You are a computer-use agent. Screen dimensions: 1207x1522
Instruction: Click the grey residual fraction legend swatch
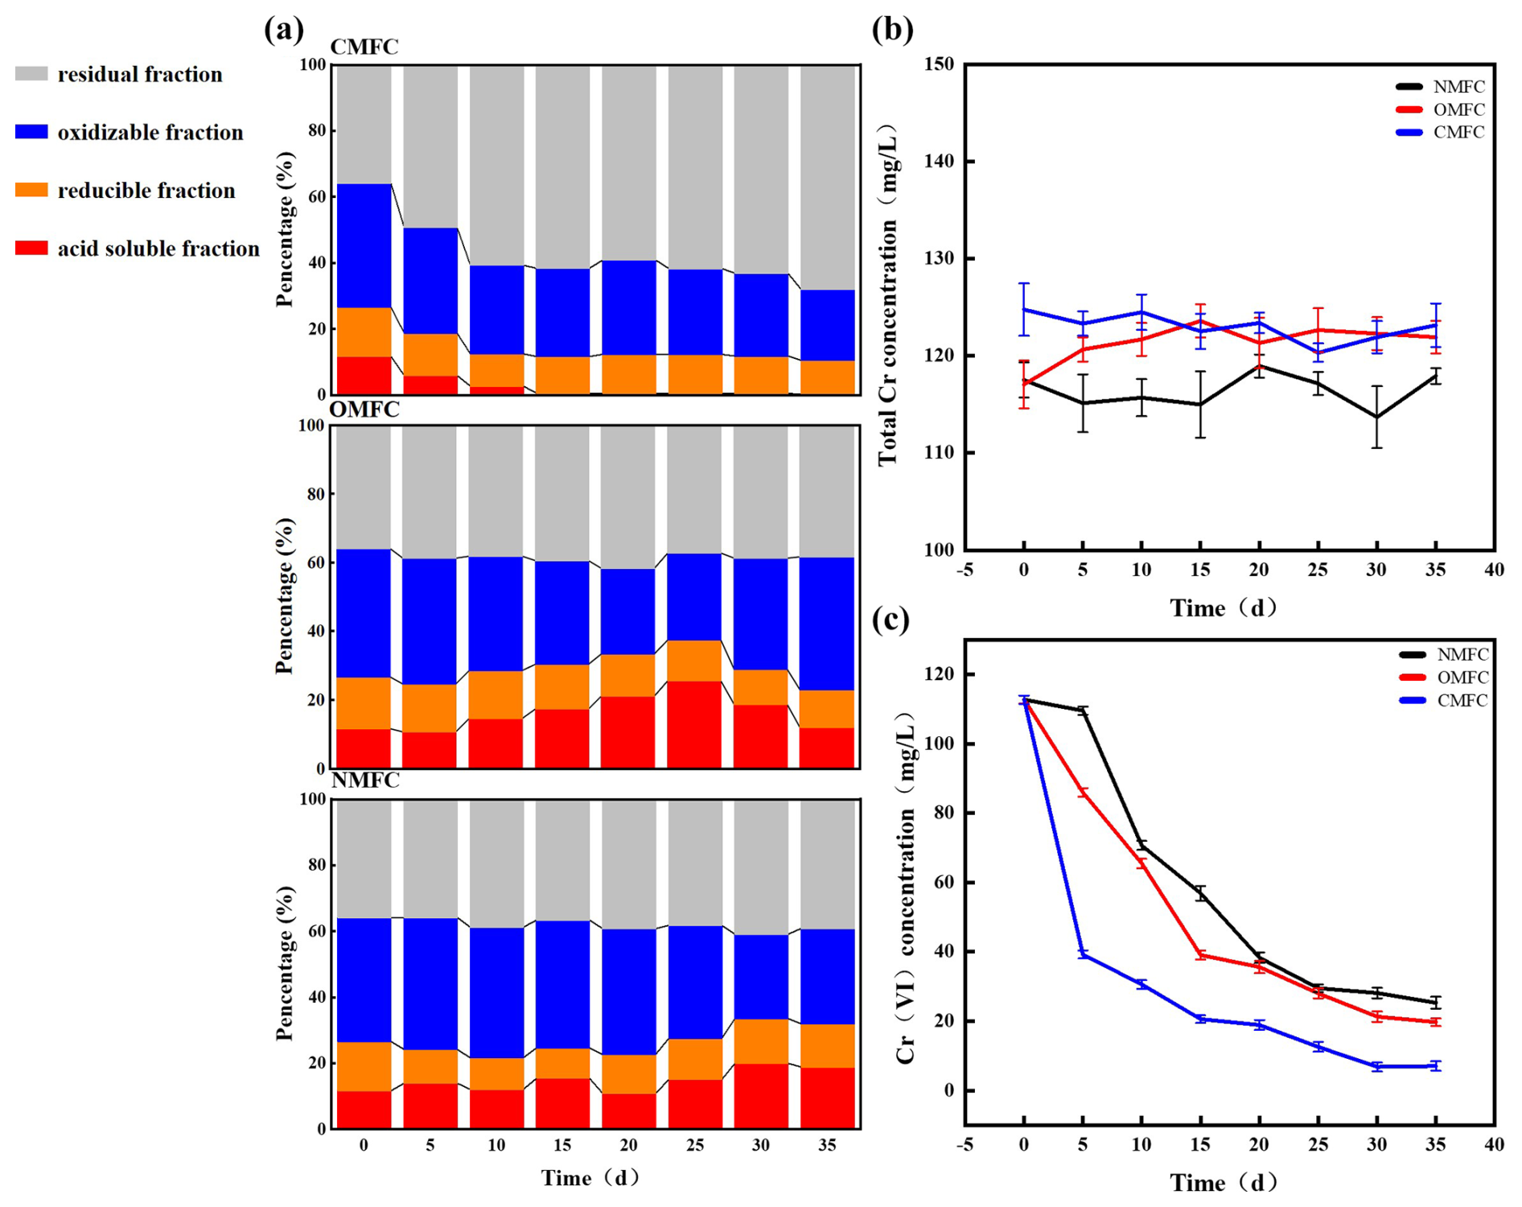tap(31, 74)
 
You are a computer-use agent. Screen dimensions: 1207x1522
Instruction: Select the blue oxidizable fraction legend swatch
tap(31, 132)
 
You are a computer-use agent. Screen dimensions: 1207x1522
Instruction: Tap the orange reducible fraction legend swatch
tap(31, 190)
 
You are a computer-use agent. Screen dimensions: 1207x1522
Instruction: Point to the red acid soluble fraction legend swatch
tap(31, 248)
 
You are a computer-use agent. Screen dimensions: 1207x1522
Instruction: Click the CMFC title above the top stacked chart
tap(364, 47)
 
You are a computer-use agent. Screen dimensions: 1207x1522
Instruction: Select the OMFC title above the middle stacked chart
tap(364, 410)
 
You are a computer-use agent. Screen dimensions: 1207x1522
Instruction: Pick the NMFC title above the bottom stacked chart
tap(365, 781)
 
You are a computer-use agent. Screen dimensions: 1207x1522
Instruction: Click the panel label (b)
tap(892, 29)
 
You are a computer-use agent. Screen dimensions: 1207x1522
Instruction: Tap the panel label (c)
tap(891, 620)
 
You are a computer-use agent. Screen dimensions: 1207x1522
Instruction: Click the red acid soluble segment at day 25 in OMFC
tap(695, 724)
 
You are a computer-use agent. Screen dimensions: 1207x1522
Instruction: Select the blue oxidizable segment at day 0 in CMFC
tap(364, 245)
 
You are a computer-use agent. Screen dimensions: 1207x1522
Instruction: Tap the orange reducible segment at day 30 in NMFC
tap(761, 1041)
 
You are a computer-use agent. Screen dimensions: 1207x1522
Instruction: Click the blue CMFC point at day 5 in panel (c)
tap(1083, 954)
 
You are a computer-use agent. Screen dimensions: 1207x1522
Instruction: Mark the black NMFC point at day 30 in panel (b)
tap(1377, 417)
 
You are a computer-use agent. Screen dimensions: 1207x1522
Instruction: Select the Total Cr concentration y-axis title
tap(887, 296)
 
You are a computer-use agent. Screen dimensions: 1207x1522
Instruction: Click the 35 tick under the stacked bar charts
tap(827, 1145)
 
